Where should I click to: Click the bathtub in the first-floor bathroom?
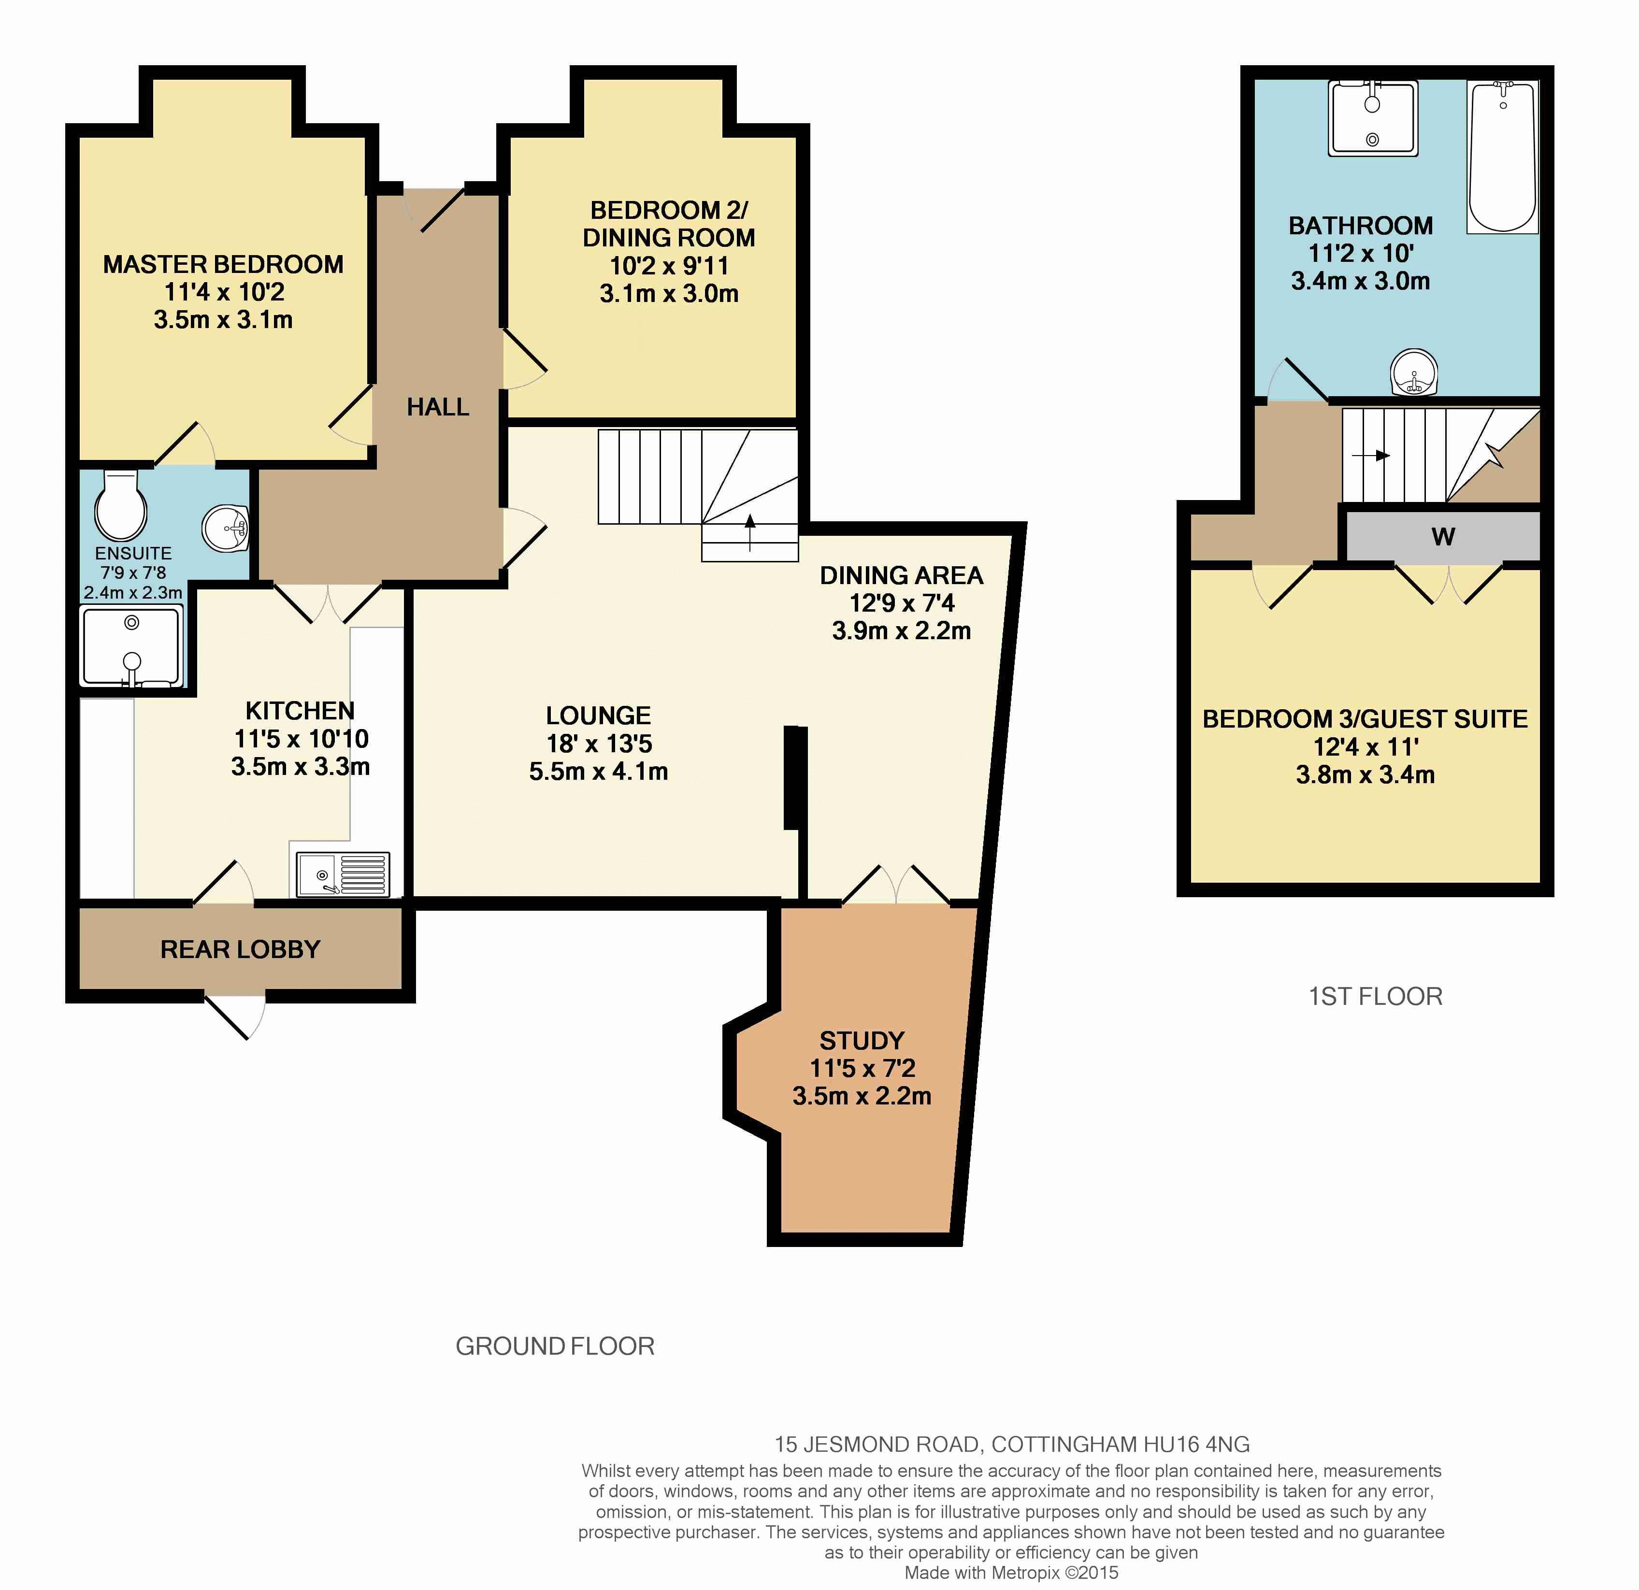[1503, 157]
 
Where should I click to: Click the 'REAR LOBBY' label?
[240, 950]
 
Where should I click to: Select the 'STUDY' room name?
[862, 1041]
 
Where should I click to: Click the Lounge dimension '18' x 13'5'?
[599, 743]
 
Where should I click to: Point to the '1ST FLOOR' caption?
[1376, 996]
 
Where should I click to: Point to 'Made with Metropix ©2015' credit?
[1011, 1573]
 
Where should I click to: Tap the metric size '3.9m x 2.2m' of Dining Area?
[902, 630]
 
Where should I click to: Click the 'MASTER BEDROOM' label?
[223, 264]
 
